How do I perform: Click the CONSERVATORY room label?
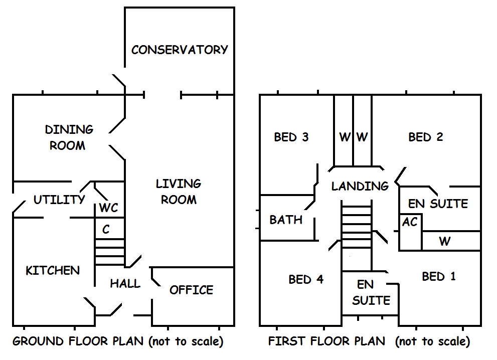point(180,50)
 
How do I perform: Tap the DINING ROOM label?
point(69,137)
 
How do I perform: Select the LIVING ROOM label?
point(179,192)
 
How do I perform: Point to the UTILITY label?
point(59,200)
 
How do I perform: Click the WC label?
point(109,208)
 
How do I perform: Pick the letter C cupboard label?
point(106,230)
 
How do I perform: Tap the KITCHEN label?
point(53,271)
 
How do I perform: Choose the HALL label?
point(125,284)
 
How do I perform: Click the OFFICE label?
point(191,290)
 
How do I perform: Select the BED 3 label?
point(291,137)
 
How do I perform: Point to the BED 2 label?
point(426,137)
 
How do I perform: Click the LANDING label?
point(360,187)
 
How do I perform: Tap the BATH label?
point(286,220)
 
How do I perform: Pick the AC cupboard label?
point(410,222)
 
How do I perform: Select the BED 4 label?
point(306,279)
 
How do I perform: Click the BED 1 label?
point(439,276)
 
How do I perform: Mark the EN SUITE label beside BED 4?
point(371,292)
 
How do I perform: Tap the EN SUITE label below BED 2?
point(438,204)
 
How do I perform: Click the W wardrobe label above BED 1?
point(444,241)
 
